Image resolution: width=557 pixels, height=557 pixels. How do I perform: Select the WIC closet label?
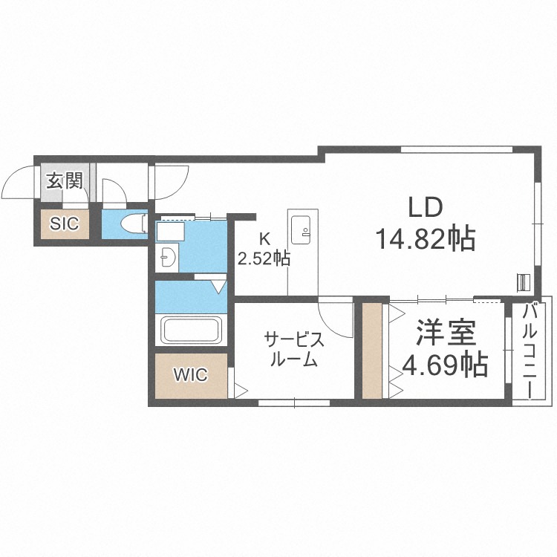click(x=190, y=374)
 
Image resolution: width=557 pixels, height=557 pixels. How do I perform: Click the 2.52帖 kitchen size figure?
click(x=264, y=259)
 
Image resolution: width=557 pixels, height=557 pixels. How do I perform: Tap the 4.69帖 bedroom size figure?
click(x=444, y=365)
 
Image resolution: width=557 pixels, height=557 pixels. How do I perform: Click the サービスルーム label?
click(x=294, y=351)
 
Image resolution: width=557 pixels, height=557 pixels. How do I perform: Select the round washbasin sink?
click(x=168, y=259)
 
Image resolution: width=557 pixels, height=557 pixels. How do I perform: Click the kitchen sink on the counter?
click(x=302, y=229)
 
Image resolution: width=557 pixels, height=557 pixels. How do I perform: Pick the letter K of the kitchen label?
click(x=263, y=239)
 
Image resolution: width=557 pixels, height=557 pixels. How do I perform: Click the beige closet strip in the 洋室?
click(x=371, y=350)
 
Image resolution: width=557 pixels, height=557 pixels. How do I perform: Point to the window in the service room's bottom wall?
click(x=294, y=402)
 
